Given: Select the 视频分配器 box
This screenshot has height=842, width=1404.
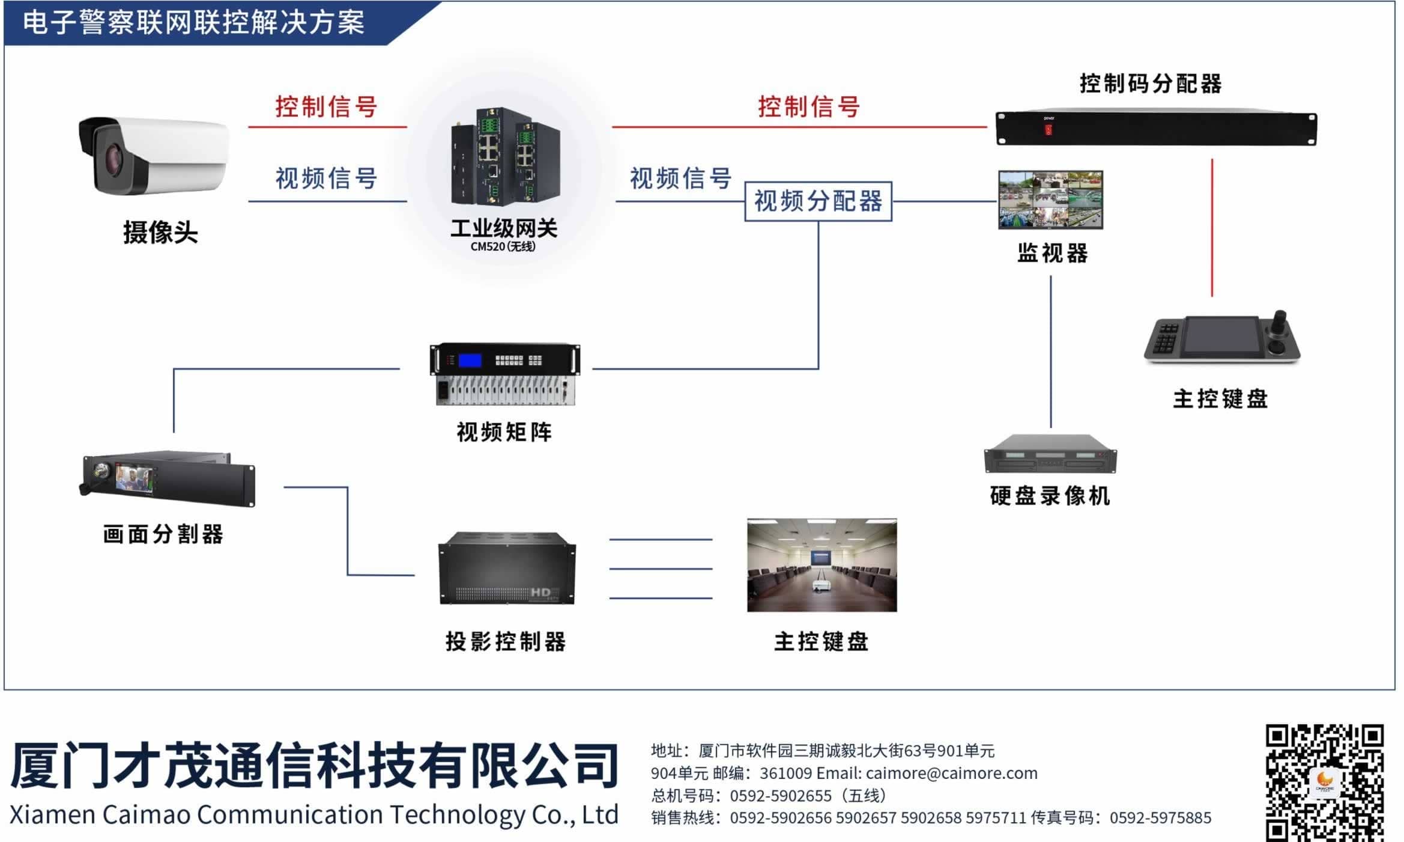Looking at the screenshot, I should tap(818, 201).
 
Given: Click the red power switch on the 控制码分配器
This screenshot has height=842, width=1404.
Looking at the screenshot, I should tap(1048, 129).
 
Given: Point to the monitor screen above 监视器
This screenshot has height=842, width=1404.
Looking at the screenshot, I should tap(1050, 199).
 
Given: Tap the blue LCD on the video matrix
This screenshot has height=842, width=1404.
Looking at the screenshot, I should tap(470, 361).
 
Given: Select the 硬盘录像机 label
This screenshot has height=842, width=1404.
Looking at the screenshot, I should tap(1050, 496).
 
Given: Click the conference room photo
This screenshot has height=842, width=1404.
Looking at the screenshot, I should tap(822, 565).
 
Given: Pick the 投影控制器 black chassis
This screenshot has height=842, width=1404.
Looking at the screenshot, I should tap(507, 567).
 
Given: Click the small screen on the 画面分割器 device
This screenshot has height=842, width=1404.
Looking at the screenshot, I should tap(133, 478).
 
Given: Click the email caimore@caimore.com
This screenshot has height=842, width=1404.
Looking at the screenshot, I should tap(951, 773).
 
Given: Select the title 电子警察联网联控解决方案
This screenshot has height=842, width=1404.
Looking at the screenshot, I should tap(193, 23).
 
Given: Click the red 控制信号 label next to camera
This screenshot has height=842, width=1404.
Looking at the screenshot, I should tap(326, 107).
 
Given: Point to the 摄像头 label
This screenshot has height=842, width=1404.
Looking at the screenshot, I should tap(160, 233).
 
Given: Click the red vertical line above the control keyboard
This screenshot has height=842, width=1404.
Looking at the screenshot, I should tap(1212, 228).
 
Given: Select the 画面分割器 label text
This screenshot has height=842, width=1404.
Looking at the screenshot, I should tap(163, 534).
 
